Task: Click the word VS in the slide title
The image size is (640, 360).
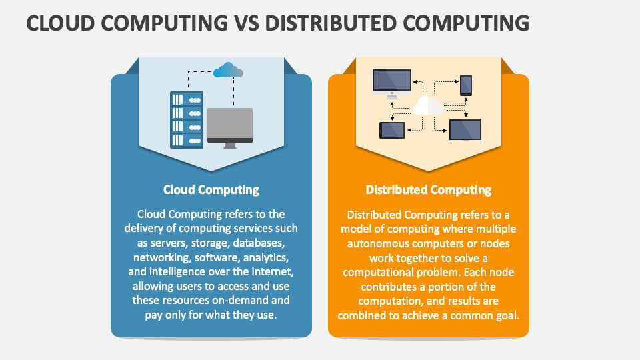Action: coord(247,23)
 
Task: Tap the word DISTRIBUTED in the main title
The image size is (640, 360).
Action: coord(331,23)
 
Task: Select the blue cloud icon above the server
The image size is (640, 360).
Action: coord(228,70)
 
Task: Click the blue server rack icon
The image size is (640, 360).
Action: coord(187,119)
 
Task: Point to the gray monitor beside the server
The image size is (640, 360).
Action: coord(230,128)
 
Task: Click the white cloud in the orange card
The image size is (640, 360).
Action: coord(428,106)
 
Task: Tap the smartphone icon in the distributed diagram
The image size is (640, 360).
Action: coord(466,85)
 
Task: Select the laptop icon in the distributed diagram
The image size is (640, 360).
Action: coord(465,130)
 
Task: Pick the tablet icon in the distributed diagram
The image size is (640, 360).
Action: coord(392,130)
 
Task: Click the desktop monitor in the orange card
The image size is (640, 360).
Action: coord(392,84)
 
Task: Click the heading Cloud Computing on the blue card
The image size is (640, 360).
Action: coord(211,190)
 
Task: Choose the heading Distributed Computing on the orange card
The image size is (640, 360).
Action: coord(428,190)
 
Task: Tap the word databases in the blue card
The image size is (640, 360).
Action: coord(259,243)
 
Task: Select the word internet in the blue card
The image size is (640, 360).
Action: coord(273,271)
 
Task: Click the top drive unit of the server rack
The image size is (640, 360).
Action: coord(187,99)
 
